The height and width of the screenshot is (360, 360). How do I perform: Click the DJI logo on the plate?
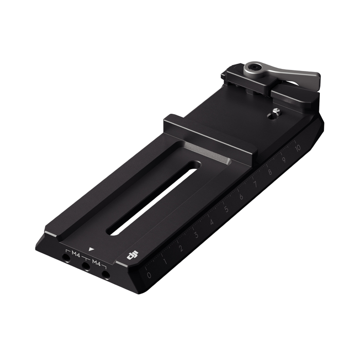[x=133, y=255]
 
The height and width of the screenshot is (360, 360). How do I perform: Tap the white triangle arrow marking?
[x=91, y=248]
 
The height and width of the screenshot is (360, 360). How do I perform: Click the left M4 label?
[x=76, y=254]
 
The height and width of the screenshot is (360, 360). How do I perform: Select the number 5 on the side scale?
[x=226, y=210]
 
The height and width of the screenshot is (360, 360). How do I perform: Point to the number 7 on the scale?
[x=256, y=185]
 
